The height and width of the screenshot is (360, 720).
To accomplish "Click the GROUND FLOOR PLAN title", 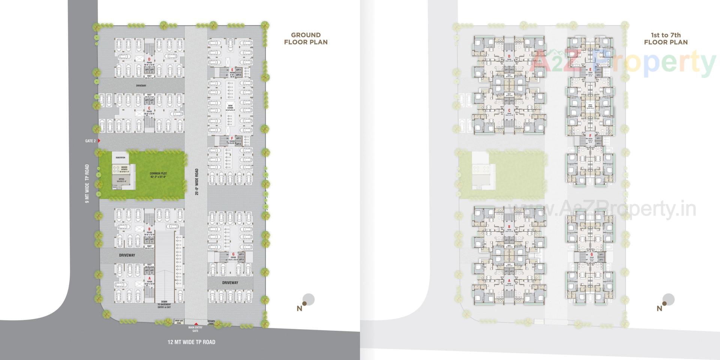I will click(306, 39).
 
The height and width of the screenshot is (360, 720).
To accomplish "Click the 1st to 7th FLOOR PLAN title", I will click(666, 39).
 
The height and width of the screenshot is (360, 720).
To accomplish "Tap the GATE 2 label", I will click(90, 141).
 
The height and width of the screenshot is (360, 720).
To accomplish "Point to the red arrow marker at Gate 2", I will click(99, 141).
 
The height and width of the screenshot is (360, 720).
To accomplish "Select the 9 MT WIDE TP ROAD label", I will click(87, 184).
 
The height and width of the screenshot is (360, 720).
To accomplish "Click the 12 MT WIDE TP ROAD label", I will click(191, 342).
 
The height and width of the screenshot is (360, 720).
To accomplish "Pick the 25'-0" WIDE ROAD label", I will click(196, 182).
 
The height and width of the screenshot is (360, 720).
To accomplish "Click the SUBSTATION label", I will click(120, 157).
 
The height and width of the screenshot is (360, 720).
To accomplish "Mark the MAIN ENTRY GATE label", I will click(195, 329).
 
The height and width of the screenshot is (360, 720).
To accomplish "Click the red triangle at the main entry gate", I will click(195, 324).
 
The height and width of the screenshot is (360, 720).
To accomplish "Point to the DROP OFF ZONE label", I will click(179, 322).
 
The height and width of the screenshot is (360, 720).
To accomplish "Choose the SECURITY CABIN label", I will click(211, 322).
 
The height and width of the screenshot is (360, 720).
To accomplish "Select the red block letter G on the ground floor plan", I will click(233, 254).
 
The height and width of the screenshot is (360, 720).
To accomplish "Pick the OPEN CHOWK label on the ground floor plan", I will click(230, 109).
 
